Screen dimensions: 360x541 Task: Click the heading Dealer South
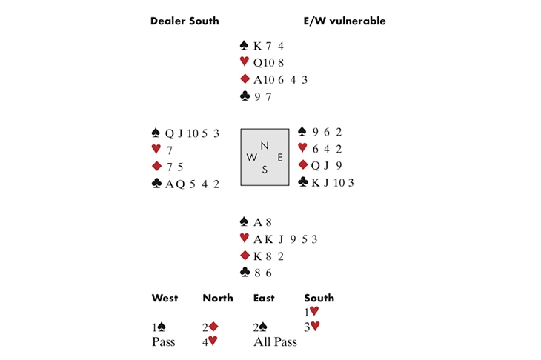(x=185, y=21)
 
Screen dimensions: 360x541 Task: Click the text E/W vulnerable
(x=345, y=21)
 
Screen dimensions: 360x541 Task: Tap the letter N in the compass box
(x=265, y=146)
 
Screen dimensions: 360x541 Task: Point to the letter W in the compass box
(x=251, y=157)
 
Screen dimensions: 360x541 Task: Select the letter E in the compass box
(x=279, y=157)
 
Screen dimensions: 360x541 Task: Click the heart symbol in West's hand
(x=156, y=150)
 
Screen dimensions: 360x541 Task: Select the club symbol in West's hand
(x=156, y=184)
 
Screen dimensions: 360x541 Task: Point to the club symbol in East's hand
(x=302, y=181)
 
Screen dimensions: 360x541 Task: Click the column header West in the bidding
(x=165, y=298)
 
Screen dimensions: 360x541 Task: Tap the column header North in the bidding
(x=218, y=298)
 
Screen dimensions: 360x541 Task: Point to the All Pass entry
(x=275, y=341)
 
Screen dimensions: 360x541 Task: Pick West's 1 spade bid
(x=159, y=326)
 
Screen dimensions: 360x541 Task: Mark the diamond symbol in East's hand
(x=302, y=165)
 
